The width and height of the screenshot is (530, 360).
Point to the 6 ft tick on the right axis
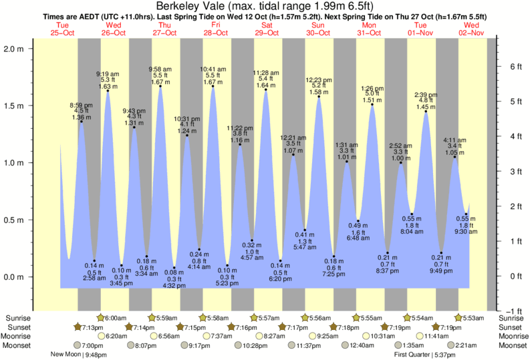point(515,66)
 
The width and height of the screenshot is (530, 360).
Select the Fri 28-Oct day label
point(216,29)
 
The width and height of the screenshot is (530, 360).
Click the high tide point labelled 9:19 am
point(108,91)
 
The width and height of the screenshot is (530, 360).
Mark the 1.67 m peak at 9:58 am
point(160,86)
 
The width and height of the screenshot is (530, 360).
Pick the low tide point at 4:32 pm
point(174,268)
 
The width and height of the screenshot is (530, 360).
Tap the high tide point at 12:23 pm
point(319,97)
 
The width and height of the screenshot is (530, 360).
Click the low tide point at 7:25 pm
point(334,256)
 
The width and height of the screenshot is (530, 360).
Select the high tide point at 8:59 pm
point(82,122)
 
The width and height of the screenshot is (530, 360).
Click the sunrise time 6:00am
point(116,319)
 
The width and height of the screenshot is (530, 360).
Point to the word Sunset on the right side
point(511,327)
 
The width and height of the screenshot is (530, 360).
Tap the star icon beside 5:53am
point(458,318)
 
